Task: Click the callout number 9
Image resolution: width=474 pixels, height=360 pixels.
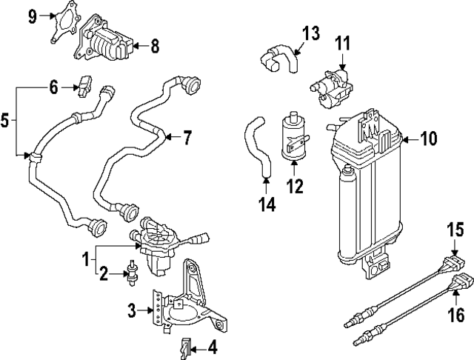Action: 33,16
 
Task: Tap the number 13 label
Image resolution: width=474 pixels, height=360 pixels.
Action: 312,33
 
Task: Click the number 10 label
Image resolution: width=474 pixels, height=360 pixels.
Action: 430,138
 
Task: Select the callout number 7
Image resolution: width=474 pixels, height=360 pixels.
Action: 187,136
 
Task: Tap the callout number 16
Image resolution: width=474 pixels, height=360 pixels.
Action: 456,316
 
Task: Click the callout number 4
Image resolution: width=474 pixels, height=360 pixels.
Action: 213,346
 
